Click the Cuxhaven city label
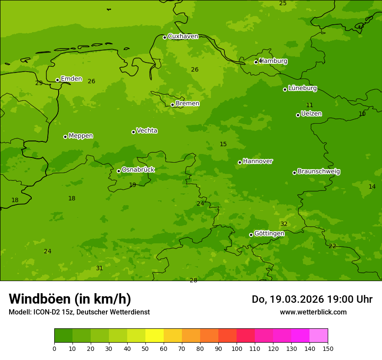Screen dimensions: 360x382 pyautogui.click(x=183, y=36)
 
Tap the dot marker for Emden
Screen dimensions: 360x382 pyautogui.click(x=57, y=80)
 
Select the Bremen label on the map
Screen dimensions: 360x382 pyautogui.click(x=188, y=104)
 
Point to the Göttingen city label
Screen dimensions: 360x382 pyautogui.click(x=269, y=233)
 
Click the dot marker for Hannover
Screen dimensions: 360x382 pyautogui.click(x=240, y=162)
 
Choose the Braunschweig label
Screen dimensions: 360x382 pyautogui.click(x=319, y=171)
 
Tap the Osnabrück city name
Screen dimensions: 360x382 pyautogui.click(x=138, y=170)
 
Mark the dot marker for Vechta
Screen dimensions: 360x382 pyautogui.click(x=133, y=132)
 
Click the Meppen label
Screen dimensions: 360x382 pyautogui.click(x=81, y=136)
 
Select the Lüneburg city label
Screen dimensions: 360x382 pyautogui.click(x=303, y=88)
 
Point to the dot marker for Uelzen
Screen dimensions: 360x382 pyautogui.click(x=298, y=115)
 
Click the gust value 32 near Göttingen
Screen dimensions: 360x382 pyautogui.click(x=284, y=224)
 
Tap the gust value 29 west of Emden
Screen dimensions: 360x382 pyautogui.click(x=39, y=83)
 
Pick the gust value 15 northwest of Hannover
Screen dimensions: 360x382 pyautogui.click(x=223, y=144)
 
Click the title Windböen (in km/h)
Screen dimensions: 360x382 pyautogui.click(x=70, y=299)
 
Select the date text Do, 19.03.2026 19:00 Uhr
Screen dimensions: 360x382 pyautogui.click(x=312, y=299)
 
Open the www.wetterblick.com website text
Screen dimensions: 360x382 pyautogui.click(x=313, y=312)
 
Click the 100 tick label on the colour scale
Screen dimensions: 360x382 pyautogui.click(x=237, y=348)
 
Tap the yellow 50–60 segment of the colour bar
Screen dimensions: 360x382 pyautogui.click(x=155, y=336)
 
